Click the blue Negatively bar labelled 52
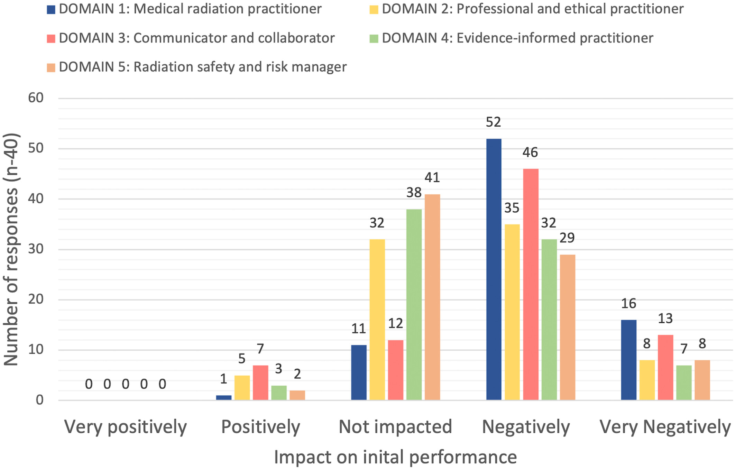click(x=494, y=269)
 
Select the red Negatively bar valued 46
click(x=531, y=284)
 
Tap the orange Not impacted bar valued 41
click(x=432, y=297)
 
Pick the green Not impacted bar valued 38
click(x=414, y=305)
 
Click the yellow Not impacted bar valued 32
click(x=377, y=320)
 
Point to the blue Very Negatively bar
click(x=629, y=360)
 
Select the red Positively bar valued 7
click(x=260, y=383)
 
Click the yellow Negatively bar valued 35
click(x=512, y=312)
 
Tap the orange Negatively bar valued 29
click(x=568, y=327)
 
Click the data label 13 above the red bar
click(x=665, y=319)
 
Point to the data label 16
click(x=628, y=304)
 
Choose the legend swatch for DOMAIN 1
click(x=51, y=9)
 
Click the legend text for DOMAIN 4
click(x=517, y=38)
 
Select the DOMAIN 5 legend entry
click(x=197, y=67)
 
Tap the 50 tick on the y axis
click(x=36, y=148)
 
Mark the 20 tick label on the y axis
click(x=36, y=299)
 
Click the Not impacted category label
click(x=395, y=427)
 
